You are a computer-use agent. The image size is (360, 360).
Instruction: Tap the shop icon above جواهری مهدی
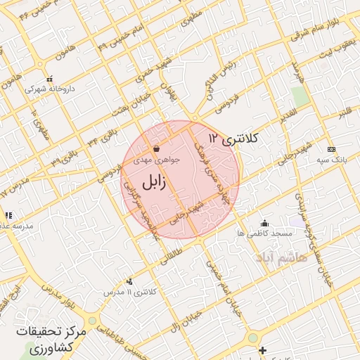point(155,149)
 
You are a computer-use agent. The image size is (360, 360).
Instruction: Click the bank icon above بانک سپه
point(331,149)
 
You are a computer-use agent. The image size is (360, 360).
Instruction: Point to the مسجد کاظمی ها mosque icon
point(264,223)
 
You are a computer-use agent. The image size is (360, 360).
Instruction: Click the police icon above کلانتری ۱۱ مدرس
point(128,281)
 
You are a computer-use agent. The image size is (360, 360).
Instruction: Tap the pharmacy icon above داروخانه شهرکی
point(49,79)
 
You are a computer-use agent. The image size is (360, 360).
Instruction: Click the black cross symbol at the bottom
point(262,350)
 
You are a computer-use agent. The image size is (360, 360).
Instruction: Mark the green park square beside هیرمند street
point(300,98)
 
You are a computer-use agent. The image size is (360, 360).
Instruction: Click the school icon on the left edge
point(8,215)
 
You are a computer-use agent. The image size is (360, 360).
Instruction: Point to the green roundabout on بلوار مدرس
point(92,321)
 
